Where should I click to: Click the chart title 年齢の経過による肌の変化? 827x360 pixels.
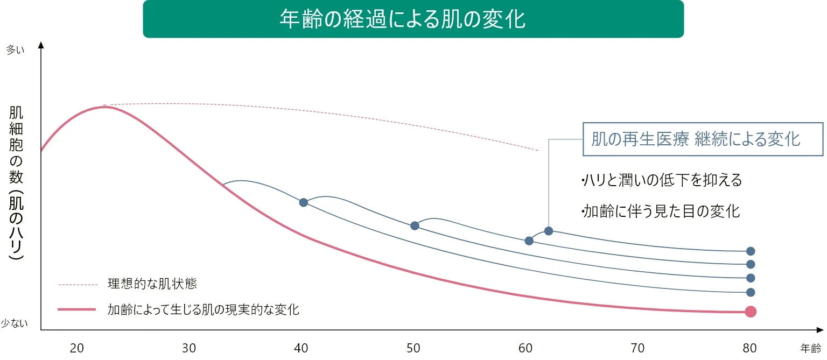click(x=402, y=19)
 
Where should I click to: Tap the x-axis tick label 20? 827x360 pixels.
click(x=77, y=348)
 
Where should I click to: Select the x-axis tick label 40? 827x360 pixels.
click(x=301, y=348)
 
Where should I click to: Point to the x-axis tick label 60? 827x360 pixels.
click(x=525, y=348)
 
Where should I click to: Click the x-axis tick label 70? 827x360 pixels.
click(x=637, y=348)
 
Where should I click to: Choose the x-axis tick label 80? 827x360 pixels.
click(x=750, y=348)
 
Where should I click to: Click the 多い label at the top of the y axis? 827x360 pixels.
click(x=15, y=50)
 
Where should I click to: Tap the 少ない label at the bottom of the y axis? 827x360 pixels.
click(x=14, y=323)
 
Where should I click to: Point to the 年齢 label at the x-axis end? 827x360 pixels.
click(x=810, y=348)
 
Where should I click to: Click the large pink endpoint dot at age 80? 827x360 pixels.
click(x=750, y=312)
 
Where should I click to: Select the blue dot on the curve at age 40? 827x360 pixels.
click(x=304, y=202)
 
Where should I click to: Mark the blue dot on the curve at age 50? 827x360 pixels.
click(x=415, y=225)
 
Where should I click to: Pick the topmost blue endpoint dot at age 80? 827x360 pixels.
click(x=750, y=251)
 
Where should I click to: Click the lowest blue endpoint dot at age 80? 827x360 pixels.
click(x=750, y=293)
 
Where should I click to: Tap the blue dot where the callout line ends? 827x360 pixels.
click(x=549, y=231)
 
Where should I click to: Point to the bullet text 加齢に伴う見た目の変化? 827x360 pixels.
click(x=660, y=211)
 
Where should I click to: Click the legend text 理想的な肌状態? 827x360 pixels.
click(x=152, y=284)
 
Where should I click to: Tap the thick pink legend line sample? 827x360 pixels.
click(x=77, y=309)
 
